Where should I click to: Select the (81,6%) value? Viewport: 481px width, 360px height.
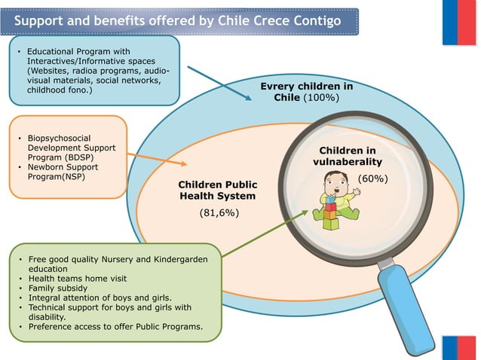click(218, 213)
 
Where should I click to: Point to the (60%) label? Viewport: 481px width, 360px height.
click(372, 179)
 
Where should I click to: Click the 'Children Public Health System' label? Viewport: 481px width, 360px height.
click(217, 190)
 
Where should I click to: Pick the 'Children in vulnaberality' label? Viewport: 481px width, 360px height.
click(347, 156)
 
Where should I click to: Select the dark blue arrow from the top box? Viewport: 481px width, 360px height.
click(219, 84)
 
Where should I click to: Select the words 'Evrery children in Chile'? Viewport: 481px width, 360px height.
click(306, 93)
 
